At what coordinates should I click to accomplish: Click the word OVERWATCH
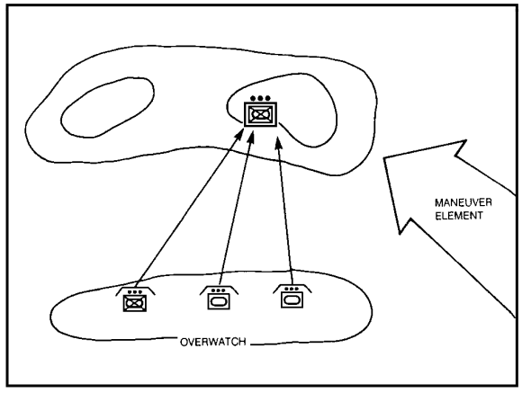pyautogui.click(x=213, y=342)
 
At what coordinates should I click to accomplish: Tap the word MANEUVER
pyautogui.click(x=463, y=202)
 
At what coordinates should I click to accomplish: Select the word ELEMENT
pyautogui.click(x=459, y=216)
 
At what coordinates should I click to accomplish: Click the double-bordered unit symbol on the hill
pyautogui.click(x=260, y=114)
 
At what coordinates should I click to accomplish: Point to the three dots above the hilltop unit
pyautogui.click(x=260, y=98)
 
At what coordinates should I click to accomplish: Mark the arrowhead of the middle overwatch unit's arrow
pyautogui.click(x=252, y=137)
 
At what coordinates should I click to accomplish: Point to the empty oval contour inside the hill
pyautogui.click(x=107, y=108)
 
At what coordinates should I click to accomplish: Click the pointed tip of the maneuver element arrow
pyautogui.click(x=384, y=157)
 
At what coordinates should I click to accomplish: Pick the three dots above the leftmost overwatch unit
pyautogui.click(x=135, y=292)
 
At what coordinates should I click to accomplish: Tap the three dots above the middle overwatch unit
pyautogui.click(x=219, y=290)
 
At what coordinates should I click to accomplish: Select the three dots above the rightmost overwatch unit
pyautogui.click(x=292, y=289)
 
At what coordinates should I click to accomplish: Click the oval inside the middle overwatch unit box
pyautogui.click(x=219, y=302)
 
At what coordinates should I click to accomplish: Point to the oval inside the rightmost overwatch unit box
pyautogui.click(x=292, y=299)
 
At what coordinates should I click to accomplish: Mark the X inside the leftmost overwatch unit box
pyautogui.click(x=135, y=303)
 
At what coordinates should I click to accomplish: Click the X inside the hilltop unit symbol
pyautogui.click(x=260, y=115)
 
